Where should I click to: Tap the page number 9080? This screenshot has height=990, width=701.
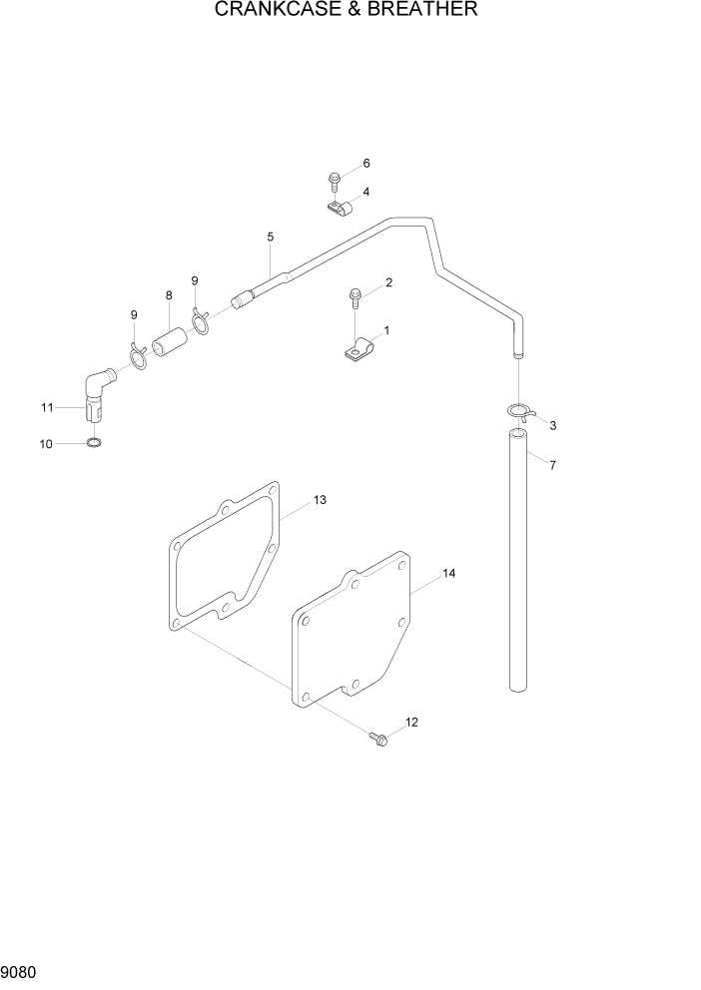coord(21,972)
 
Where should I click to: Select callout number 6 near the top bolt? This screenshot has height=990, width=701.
coord(366,163)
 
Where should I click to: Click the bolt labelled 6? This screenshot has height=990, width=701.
coord(333,181)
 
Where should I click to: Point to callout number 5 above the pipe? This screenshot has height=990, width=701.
coord(270,237)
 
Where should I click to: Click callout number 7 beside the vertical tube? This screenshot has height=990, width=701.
coord(553,465)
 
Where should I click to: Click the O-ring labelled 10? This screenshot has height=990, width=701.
coord(92,443)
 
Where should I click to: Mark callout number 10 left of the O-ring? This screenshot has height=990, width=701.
coord(46,444)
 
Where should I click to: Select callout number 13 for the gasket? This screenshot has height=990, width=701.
coord(320,499)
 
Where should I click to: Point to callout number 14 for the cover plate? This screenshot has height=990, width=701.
coord(448,574)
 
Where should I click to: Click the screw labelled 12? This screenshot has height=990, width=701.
coord(378,739)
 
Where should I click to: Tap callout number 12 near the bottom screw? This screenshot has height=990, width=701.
coord(411,722)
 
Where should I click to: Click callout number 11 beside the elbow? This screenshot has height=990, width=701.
coord(47,407)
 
